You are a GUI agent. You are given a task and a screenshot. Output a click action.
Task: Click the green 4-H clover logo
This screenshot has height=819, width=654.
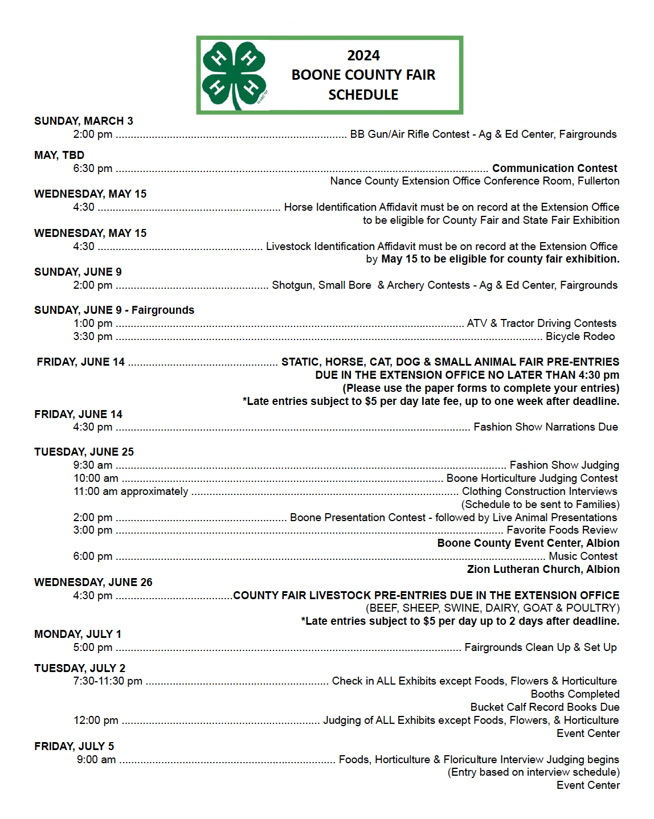(234, 75)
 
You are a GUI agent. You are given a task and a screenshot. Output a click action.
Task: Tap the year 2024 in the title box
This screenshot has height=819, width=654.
(363, 56)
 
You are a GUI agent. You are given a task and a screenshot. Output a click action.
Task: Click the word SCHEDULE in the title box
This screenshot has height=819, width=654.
(363, 95)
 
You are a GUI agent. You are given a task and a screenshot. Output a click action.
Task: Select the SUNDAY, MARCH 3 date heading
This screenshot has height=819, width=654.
(84, 121)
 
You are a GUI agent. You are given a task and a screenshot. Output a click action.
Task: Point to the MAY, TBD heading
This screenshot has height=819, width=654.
(59, 155)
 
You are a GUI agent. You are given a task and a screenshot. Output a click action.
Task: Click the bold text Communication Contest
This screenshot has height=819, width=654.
(554, 169)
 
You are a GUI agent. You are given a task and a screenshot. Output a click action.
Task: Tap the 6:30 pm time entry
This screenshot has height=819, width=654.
(93, 169)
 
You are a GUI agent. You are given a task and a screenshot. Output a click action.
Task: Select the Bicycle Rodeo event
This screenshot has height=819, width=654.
(580, 337)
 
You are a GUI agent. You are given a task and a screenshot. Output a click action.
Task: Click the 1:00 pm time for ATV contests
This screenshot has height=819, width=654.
(93, 323)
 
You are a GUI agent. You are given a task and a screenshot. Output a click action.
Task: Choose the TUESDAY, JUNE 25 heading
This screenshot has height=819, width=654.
(84, 452)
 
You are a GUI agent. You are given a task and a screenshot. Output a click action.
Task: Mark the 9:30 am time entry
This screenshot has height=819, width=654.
(93, 465)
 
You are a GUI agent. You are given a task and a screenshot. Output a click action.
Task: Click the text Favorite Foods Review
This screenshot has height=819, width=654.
(562, 530)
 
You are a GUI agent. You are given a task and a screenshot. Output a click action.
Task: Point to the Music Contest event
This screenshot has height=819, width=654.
(583, 556)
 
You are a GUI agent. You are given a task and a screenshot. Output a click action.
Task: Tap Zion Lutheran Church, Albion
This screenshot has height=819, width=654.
(543, 570)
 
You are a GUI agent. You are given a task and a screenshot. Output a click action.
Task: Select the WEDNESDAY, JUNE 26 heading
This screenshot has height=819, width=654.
(93, 583)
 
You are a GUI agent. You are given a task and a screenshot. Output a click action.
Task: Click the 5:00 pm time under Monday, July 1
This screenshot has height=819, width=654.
(93, 648)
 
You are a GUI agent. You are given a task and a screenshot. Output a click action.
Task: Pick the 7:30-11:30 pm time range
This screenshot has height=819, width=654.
(108, 681)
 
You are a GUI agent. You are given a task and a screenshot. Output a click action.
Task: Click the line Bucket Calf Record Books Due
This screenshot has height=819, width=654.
(545, 707)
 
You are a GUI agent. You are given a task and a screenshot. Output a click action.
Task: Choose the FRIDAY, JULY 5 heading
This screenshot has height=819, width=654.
(74, 747)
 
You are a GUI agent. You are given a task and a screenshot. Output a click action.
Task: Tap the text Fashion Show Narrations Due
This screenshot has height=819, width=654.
(545, 427)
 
